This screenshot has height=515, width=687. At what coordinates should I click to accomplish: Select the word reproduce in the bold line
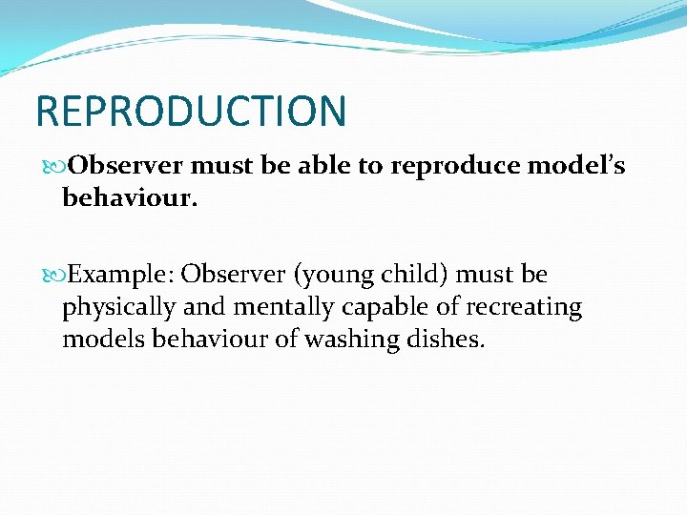pos(443,167)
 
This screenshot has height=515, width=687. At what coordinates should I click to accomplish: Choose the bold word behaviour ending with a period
pos(128,197)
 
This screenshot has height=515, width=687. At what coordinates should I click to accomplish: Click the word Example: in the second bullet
pos(121,275)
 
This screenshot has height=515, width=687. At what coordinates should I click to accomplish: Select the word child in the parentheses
pos(414,275)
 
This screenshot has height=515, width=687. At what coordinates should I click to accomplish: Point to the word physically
pos(117,308)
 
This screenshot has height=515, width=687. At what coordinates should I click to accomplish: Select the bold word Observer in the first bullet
pos(127,166)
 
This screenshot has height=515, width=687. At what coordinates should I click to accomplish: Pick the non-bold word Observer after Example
pos(234,275)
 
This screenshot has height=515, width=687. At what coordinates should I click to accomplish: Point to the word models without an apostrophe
pos(99,340)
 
